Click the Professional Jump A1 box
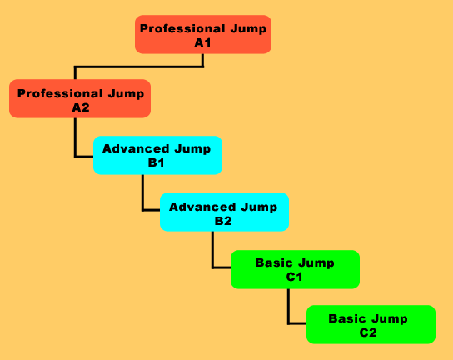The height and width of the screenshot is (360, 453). pos(203,34)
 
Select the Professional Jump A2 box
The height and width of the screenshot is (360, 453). pos(80,98)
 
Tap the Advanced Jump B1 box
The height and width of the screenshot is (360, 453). pos(157,155)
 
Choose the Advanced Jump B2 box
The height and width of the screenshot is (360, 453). pos(225,212)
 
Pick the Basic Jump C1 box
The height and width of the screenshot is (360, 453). pos(295,269)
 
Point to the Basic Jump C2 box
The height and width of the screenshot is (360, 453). pos(371,324)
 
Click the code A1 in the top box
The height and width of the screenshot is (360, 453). pos(203,42)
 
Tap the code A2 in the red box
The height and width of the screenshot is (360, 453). pos(81,107)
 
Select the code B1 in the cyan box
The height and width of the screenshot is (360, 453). pos(156,162)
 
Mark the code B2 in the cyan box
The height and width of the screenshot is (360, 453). pos(223,221)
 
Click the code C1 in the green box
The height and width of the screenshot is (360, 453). pos(295,277)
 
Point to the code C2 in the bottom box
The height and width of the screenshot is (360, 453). pos(368,332)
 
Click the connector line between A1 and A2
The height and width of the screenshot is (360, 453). pos(139,67)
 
